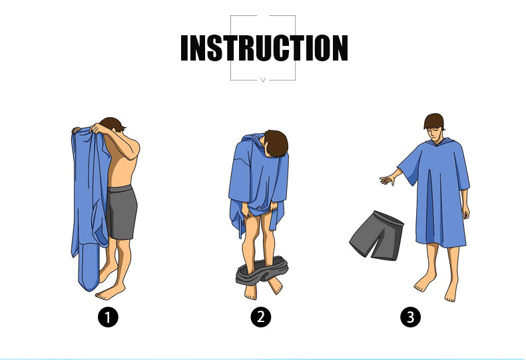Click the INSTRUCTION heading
pos(264,48)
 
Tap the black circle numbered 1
pos(108,317)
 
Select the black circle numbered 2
pos(260,317)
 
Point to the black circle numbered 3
pos(410,317)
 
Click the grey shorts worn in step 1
pos(121,212)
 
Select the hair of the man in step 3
pos(434,120)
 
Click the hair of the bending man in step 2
pos(276,144)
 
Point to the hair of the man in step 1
pos(113,124)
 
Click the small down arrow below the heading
pos(263,80)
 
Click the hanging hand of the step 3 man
pos(465,211)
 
